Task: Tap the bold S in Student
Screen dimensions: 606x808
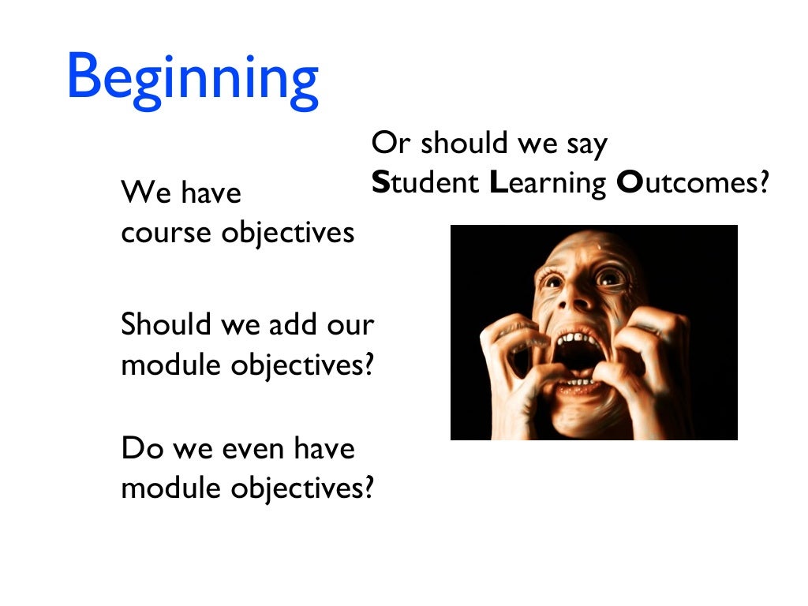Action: pos(381,184)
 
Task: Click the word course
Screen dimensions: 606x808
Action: pos(166,234)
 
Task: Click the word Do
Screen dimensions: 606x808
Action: pos(138,449)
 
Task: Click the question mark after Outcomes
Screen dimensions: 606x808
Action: pos(761,184)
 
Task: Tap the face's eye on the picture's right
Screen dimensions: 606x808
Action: pos(610,277)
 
